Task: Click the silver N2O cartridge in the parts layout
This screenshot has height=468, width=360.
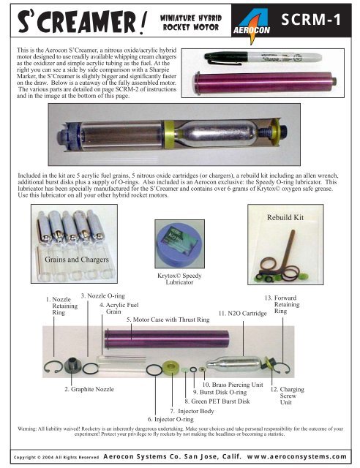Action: pyautogui.click(x=233, y=364)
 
